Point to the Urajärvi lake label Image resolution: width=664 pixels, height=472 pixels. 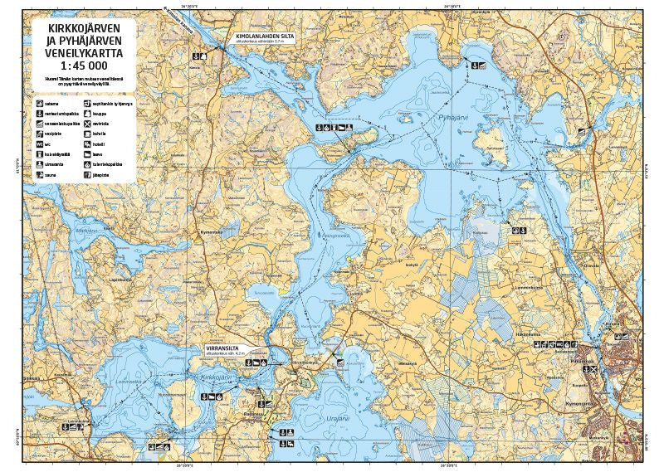(x=339, y=418)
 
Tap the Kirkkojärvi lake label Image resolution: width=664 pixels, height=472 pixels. (x=215, y=377)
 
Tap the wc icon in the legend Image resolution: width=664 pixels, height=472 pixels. (x=39, y=144)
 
